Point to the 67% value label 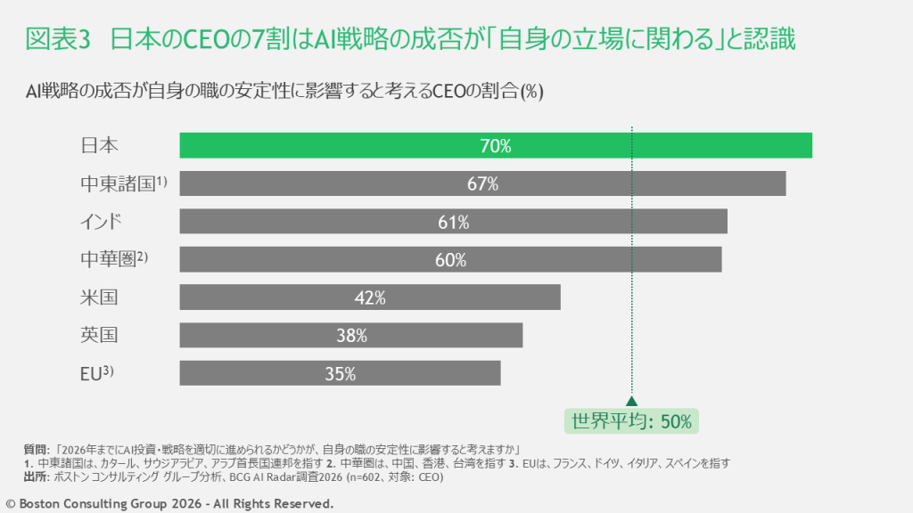pos(481,184)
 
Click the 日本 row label pos(99,146)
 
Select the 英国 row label pos(99,336)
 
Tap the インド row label pos(100,222)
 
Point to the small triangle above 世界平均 pos(631,402)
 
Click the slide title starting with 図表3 pos(410,40)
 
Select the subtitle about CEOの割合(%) pos(284,91)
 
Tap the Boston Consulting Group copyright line pos(169,504)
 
